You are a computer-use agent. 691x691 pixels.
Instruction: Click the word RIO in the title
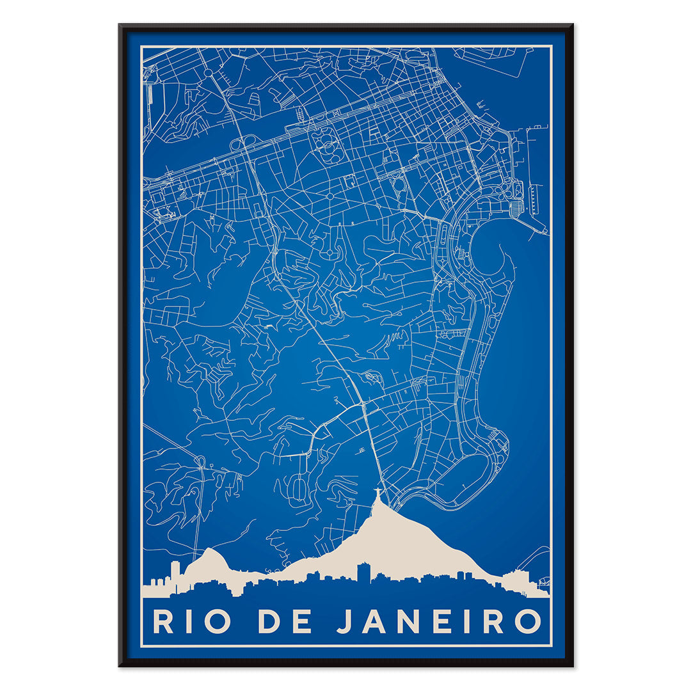pyautogui.click(x=191, y=621)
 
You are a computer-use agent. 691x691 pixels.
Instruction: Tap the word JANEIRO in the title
pyautogui.click(x=439, y=621)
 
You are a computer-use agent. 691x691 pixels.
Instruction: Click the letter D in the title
pyautogui.click(x=269, y=621)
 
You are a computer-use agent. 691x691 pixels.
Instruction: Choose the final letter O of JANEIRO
pyautogui.click(x=528, y=621)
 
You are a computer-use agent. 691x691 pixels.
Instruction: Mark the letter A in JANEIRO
pyautogui.click(x=374, y=621)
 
